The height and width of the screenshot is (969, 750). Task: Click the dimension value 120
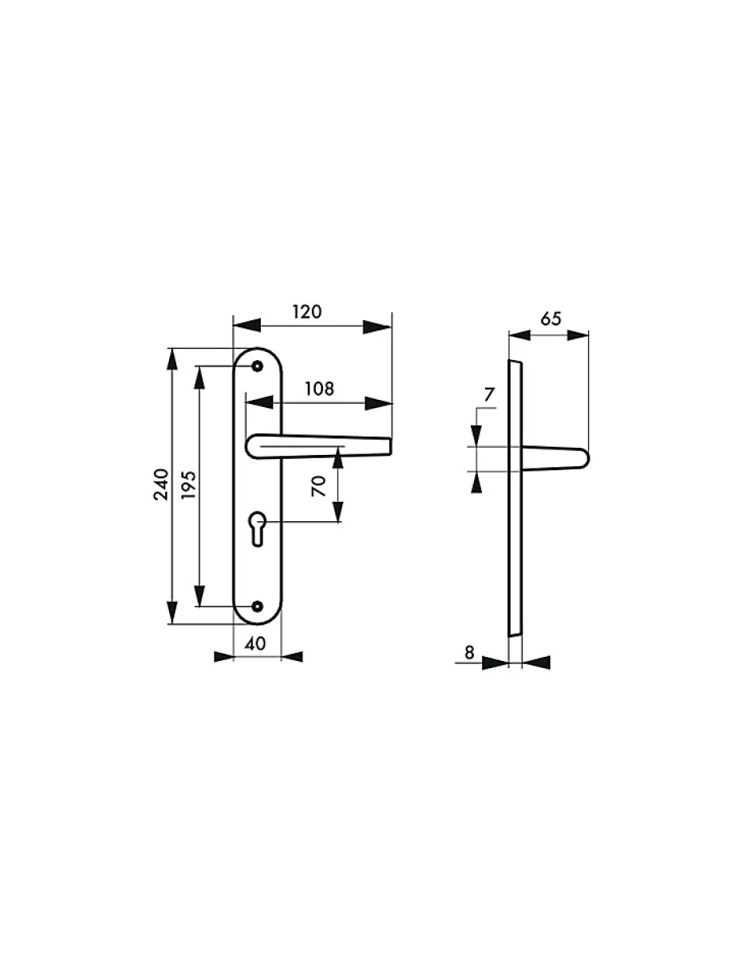coord(306,311)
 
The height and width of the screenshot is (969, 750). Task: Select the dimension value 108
coord(319,389)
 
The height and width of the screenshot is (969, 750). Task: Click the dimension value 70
coord(320,485)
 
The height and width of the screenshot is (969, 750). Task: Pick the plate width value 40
coord(255,644)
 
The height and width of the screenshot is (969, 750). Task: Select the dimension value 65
coord(551,319)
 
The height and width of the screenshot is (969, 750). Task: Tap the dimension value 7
coord(489,394)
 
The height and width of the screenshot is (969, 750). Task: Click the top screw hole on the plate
coord(257,366)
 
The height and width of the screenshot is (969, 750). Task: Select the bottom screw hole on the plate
coord(257,607)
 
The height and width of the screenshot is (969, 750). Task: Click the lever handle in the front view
coord(319,447)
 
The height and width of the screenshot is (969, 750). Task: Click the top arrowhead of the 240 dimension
coord(171,360)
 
